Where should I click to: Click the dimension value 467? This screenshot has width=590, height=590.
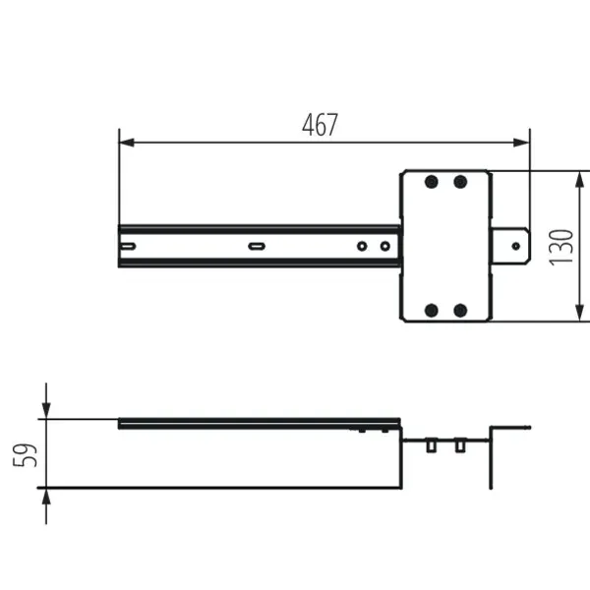pos(320,125)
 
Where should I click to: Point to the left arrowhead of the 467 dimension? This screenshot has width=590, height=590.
pos(125,143)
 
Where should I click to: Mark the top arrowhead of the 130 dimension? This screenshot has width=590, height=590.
pos(580,178)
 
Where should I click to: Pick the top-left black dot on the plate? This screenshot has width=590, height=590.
pos(431,182)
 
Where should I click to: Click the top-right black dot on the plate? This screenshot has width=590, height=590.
pos(459,182)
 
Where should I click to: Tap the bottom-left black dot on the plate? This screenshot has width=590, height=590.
pos(431,311)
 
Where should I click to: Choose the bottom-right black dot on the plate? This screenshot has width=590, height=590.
pos(459,311)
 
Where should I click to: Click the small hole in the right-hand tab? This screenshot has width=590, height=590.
pos(515,246)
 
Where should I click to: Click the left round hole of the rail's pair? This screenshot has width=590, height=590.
pos(362,246)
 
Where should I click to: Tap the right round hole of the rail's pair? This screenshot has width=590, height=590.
pos(385,246)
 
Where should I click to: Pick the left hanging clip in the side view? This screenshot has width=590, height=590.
pos(431,446)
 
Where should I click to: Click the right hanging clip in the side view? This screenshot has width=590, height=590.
pos(459,446)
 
